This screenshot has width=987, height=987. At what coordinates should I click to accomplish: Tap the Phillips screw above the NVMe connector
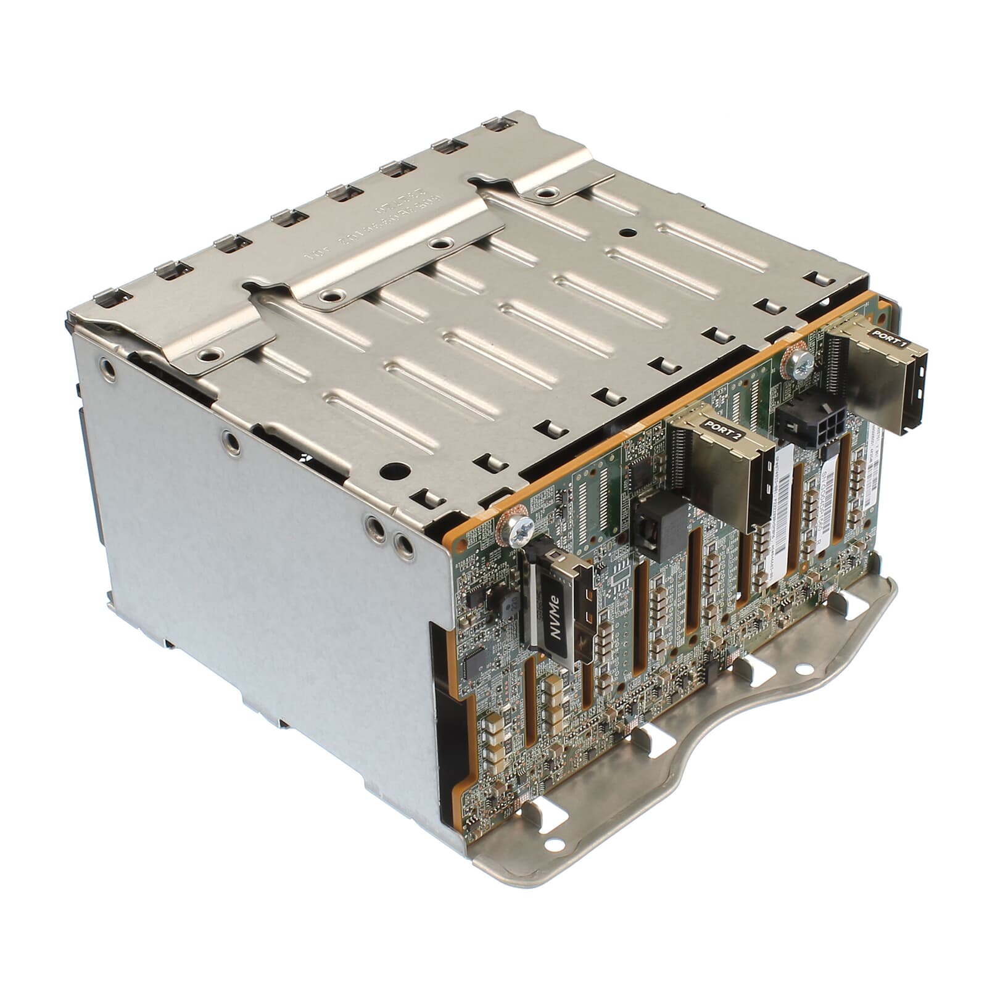point(517,528)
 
